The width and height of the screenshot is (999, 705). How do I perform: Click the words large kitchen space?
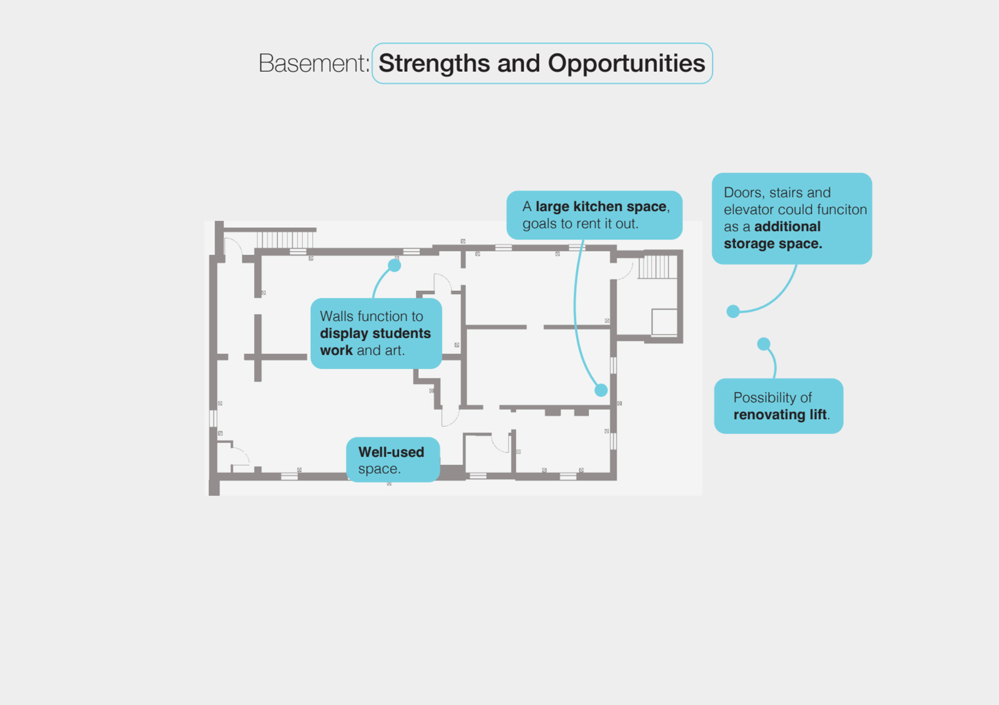click(601, 206)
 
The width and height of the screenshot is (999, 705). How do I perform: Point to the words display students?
click(375, 333)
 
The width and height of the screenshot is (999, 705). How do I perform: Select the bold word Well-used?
click(391, 452)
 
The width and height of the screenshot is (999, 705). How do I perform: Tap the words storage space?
click(772, 244)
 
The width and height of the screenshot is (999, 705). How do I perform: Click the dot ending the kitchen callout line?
click(601, 390)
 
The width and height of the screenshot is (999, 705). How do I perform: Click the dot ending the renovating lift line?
click(763, 344)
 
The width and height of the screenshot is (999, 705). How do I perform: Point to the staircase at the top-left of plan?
click(285, 240)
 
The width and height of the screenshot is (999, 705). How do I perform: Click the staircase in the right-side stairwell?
click(657, 267)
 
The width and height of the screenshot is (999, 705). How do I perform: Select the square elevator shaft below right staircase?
click(664, 322)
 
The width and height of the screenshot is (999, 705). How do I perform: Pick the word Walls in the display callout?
click(336, 316)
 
